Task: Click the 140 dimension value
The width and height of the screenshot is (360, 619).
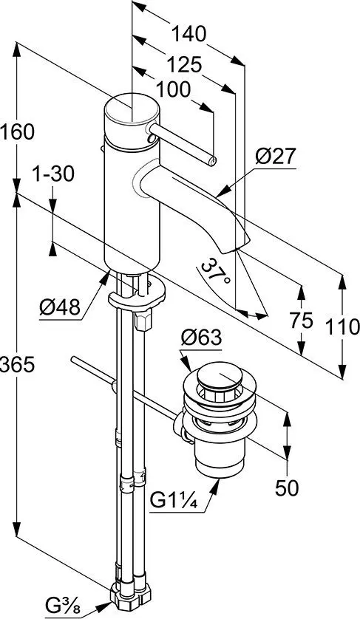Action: tap(189, 34)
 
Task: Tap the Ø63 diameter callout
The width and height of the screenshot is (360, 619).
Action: tap(201, 338)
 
